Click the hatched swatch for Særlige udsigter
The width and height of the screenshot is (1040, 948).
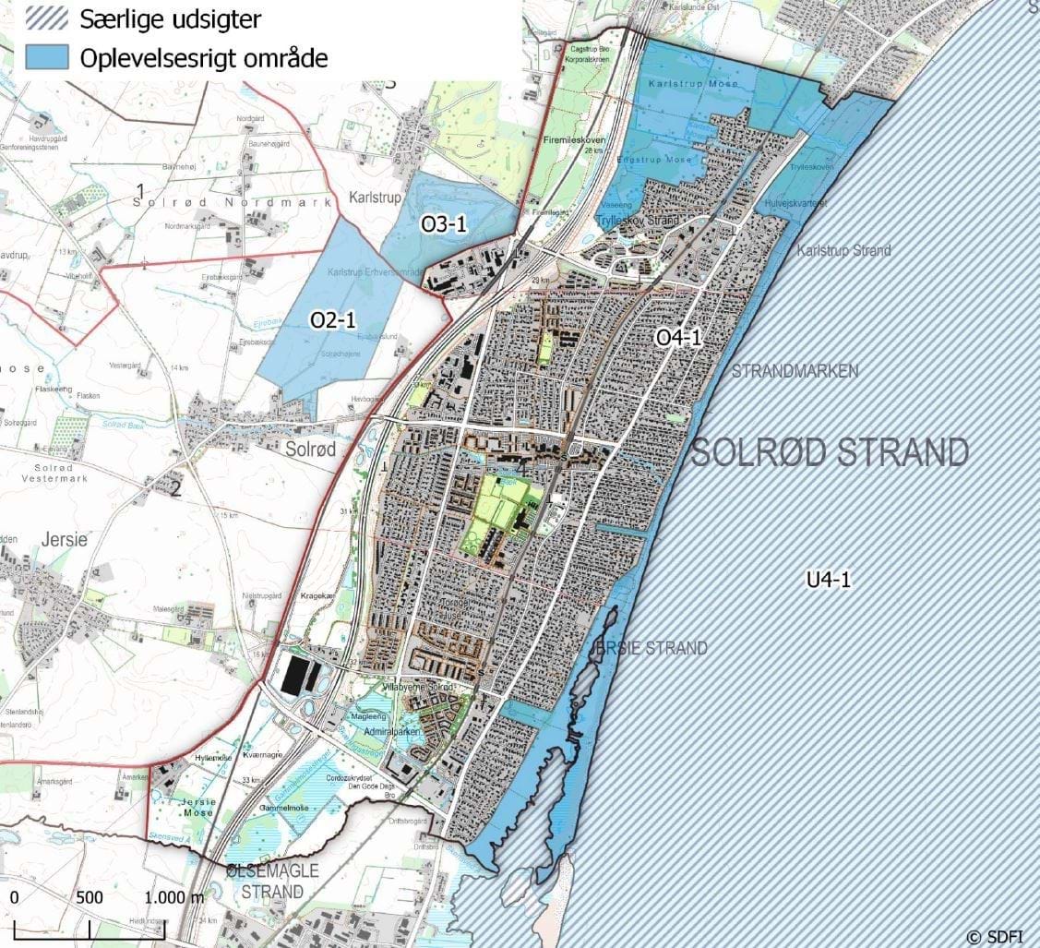click(x=47, y=18)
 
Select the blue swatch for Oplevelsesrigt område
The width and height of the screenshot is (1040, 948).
click(x=47, y=57)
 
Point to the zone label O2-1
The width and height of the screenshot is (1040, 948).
click(x=333, y=319)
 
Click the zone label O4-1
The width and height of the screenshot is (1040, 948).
click(x=679, y=339)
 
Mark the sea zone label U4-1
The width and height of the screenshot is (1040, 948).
click(x=827, y=580)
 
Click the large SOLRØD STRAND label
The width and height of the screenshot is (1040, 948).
click(x=830, y=452)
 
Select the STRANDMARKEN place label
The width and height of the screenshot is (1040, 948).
click(x=795, y=371)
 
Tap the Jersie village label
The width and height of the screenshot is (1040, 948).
click(x=63, y=538)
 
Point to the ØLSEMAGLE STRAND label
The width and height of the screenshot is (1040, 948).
click(x=265, y=882)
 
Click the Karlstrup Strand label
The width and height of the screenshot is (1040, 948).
click(x=844, y=250)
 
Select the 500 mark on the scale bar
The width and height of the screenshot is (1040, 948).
click(x=90, y=897)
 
